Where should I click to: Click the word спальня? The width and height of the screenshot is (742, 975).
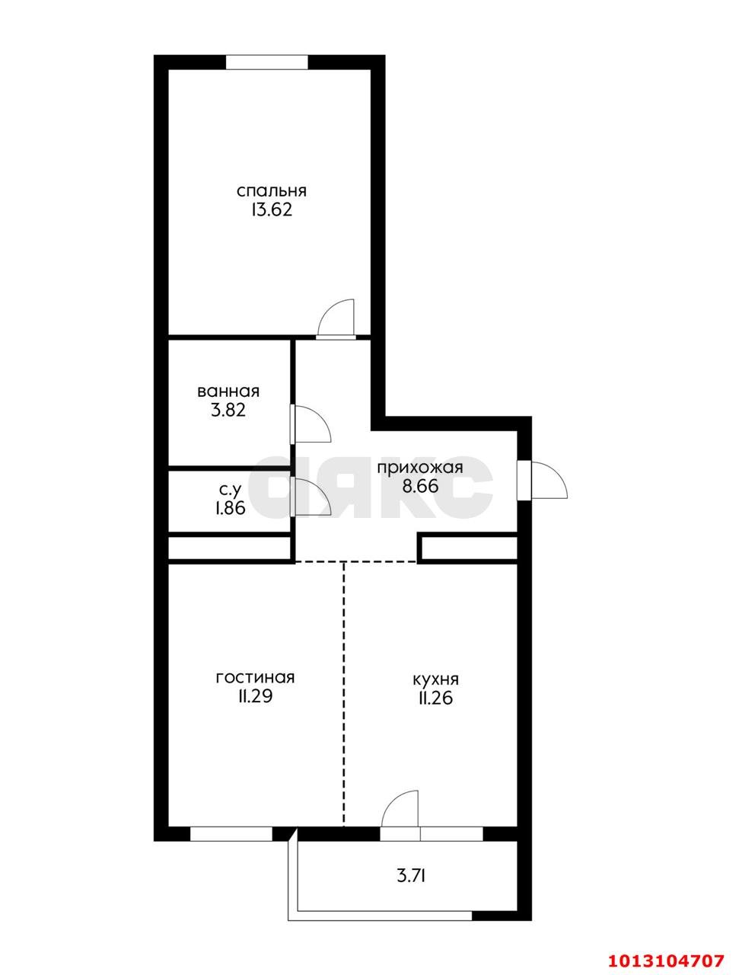tap(271, 190)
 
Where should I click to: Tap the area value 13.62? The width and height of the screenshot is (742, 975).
tap(271, 210)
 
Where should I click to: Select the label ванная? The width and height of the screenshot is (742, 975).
tap(228, 392)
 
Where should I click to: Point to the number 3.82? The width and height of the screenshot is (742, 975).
tap(228, 411)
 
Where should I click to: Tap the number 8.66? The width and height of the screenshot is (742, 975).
tap(420, 487)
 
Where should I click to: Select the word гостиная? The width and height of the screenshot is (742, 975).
tap(255, 677)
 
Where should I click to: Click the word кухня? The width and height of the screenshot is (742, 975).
tap(435, 679)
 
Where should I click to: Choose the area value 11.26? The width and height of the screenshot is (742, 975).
tap(435, 698)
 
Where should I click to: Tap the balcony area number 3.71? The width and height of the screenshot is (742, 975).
tap(411, 876)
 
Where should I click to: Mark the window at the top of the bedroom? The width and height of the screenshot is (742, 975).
tap(266, 62)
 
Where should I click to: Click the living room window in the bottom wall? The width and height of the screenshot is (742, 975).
tap(231, 834)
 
